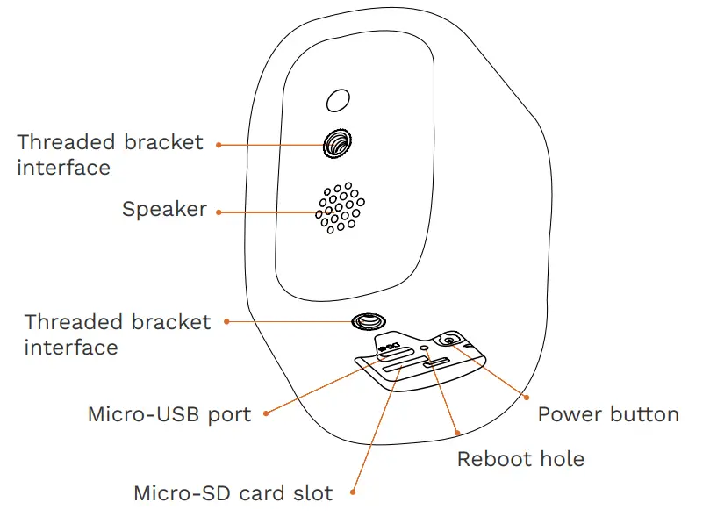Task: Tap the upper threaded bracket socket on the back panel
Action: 337,143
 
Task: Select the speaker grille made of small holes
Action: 339,209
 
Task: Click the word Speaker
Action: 164,210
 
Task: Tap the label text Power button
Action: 608,414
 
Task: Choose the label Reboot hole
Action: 520,459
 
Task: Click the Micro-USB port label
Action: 169,414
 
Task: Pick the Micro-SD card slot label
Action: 233,493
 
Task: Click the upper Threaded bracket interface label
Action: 110,154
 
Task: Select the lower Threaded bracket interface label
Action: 118,334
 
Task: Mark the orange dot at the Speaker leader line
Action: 219,212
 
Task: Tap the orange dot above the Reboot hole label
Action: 456,433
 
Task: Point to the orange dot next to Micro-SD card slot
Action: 353,492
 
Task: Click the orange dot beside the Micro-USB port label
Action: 266,413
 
